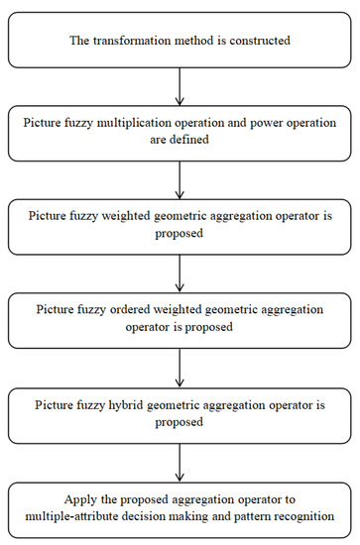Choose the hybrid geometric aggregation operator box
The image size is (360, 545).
coord(180,408)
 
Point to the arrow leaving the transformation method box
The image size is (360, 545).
coord(180,86)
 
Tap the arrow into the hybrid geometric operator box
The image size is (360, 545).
coord(180,364)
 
